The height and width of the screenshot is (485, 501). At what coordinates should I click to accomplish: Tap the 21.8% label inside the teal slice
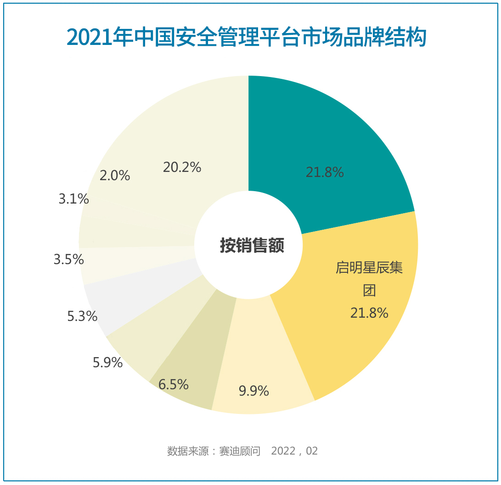[325, 172]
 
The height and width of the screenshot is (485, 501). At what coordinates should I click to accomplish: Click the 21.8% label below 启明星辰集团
[369, 313]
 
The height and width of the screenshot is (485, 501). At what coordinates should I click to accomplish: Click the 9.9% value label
[253, 391]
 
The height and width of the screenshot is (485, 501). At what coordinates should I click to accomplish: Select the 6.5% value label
[174, 384]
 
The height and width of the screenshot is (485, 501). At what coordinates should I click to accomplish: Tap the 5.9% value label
[107, 363]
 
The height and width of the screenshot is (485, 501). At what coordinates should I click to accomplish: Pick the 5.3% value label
[82, 316]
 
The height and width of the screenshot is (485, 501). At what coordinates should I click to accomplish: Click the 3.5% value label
[69, 259]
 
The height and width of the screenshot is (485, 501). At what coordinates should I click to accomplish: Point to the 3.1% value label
[73, 199]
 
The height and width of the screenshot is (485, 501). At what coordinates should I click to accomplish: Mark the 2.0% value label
[115, 176]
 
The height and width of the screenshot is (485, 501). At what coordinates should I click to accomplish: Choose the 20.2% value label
[182, 167]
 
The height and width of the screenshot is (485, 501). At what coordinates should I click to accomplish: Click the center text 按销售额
[252, 246]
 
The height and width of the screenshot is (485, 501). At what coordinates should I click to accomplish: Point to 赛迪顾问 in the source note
[240, 451]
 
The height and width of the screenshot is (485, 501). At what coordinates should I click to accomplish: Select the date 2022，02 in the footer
[294, 451]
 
